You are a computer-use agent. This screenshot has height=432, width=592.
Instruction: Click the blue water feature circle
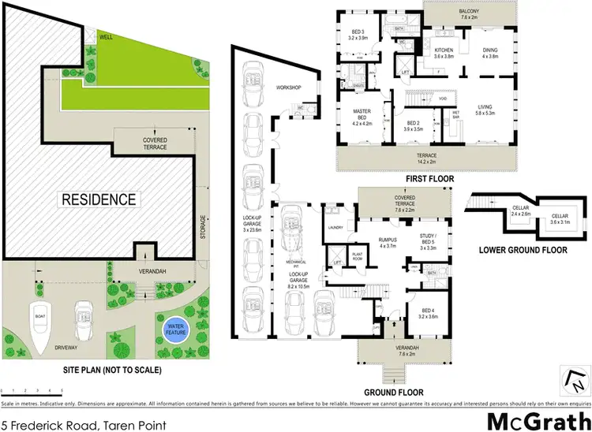coord(173,328)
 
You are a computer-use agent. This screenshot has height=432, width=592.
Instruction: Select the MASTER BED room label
coord(361,117)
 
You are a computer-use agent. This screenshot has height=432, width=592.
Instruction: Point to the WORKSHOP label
coord(290,88)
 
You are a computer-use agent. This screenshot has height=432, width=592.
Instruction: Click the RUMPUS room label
coord(388,242)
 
